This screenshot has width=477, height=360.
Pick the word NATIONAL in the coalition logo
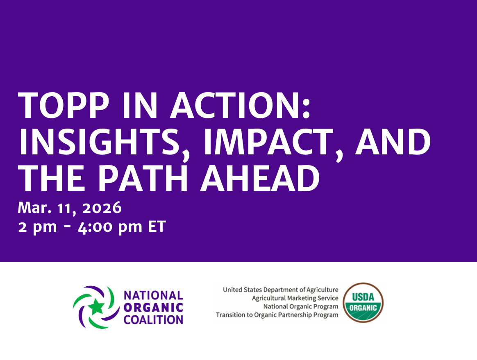[153, 295]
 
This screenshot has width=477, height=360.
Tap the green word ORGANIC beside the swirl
[153, 307]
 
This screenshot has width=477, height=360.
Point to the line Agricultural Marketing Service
[295, 298]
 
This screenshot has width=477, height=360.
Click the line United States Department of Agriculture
[281, 290]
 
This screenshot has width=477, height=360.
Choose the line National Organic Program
[301, 306]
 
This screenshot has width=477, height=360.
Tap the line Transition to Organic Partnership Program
[277, 315]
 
